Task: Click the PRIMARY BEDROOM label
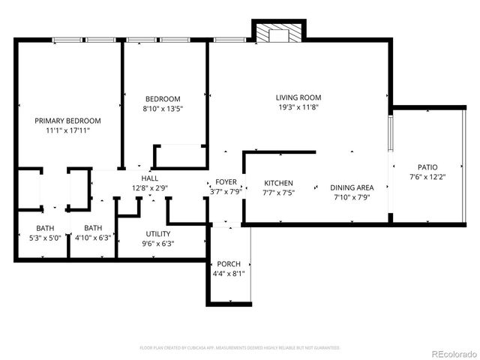pos(67,120)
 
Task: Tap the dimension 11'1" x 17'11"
pos(67,130)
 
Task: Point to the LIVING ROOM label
pos(298,97)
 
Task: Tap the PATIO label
pos(427,167)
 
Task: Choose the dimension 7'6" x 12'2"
pos(427,177)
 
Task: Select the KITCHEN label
pos(278,183)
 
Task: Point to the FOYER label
pos(226,182)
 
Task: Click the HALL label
pos(149,178)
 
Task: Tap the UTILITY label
pos(157,234)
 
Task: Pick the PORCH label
pos(229,264)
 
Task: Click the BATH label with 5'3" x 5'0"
pos(45,228)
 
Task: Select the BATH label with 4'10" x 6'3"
pos(93,228)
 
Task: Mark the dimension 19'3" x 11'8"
pos(298,107)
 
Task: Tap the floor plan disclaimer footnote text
pos(240,348)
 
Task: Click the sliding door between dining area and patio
pos(390,140)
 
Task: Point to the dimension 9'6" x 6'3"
pos(157,244)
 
